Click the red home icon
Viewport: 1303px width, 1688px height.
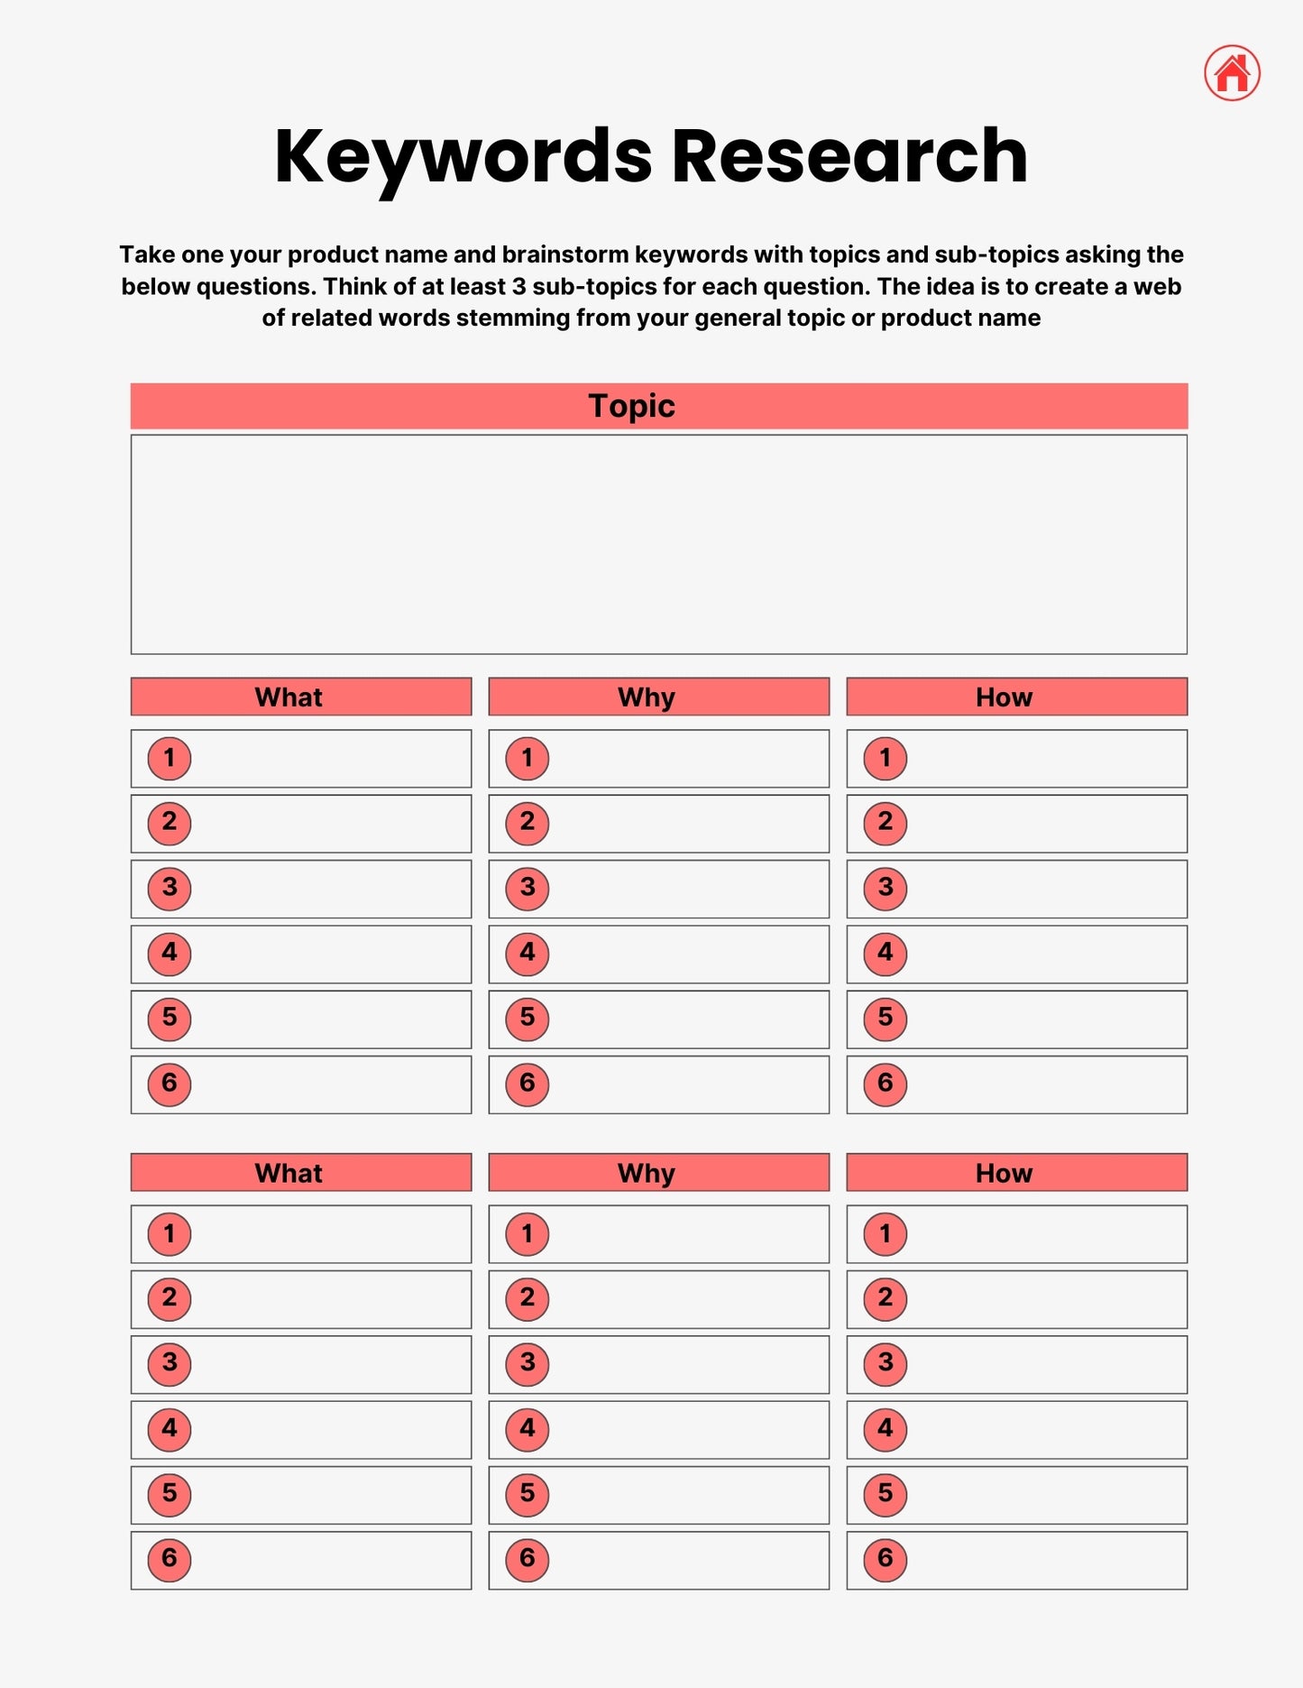[1232, 73]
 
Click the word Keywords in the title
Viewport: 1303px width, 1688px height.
[463, 157]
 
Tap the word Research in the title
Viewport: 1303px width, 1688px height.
[849, 157]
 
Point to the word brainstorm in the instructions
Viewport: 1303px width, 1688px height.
[565, 255]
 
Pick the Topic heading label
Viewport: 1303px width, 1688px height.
[631, 406]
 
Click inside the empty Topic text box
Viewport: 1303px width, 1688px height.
[658, 545]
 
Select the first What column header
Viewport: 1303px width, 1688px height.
[289, 697]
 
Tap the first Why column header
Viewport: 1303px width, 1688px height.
[647, 697]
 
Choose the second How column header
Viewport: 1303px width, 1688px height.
[1004, 1173]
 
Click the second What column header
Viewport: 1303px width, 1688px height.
[289, 1173]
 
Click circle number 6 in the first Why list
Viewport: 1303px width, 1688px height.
[528, 1084]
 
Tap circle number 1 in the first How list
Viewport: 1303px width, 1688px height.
[885, 758]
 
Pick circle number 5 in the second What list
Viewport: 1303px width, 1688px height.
[170, 1494]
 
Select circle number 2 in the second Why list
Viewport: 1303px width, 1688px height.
[528, 1298]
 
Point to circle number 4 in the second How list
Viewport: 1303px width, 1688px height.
[885, 1429]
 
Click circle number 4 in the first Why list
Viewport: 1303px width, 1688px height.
[528, 954]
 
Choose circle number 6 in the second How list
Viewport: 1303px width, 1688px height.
[885, 1559]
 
